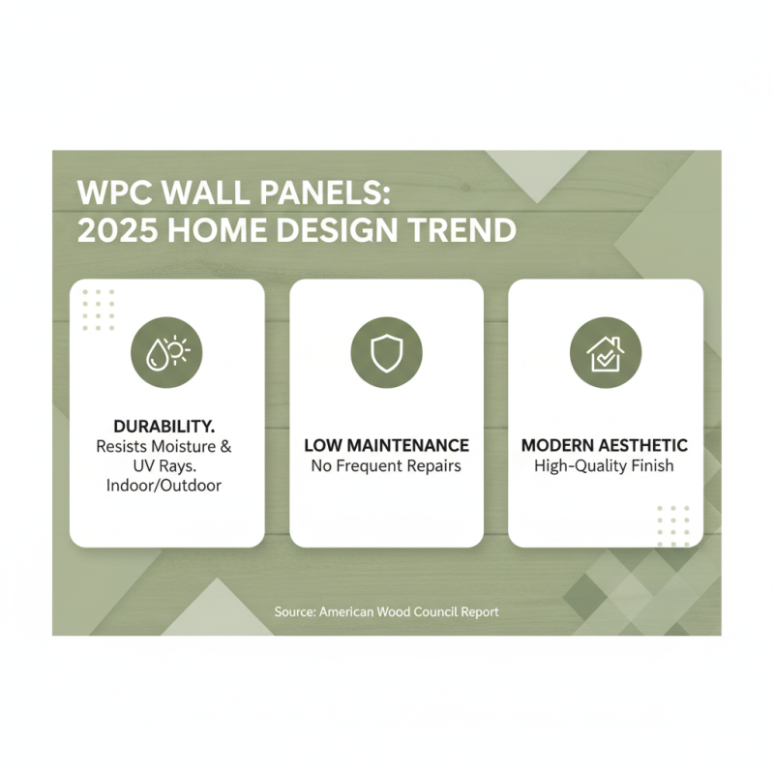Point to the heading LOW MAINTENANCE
pos(386,446)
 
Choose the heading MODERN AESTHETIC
pos(605,446)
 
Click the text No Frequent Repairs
pos(386,466)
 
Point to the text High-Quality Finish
pos(605,466)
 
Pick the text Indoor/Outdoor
pos(166,485)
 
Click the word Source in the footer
pos(294,612)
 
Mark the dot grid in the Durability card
pos(99,310)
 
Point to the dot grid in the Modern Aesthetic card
pos(673,524)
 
